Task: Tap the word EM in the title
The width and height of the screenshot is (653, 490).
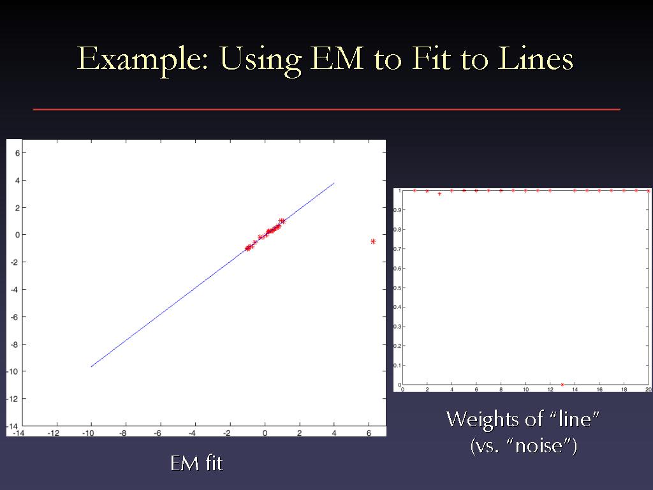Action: [x=337, y=58]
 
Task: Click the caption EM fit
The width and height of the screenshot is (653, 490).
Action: [x=196, y=463]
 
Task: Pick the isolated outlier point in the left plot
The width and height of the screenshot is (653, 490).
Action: [x=372, y=241]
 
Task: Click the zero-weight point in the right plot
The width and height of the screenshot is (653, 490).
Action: [x=562, y=385]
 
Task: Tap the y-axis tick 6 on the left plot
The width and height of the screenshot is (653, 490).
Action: [x=17, y=153]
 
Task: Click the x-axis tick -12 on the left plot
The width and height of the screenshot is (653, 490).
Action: [x=54, y=433]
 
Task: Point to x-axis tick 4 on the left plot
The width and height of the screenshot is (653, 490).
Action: [x=334, y=433]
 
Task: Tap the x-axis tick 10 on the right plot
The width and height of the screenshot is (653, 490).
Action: [x=525, y=390]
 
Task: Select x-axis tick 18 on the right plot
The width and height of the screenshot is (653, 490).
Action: [x=624, y=390]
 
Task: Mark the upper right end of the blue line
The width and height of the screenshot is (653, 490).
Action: [x=334, y=182]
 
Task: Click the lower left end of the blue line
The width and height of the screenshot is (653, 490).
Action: [x=91, y=367]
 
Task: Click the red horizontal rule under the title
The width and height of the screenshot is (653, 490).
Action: [x=326, y=109]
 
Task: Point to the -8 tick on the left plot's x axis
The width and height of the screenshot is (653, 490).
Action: [x=123, y=433]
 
